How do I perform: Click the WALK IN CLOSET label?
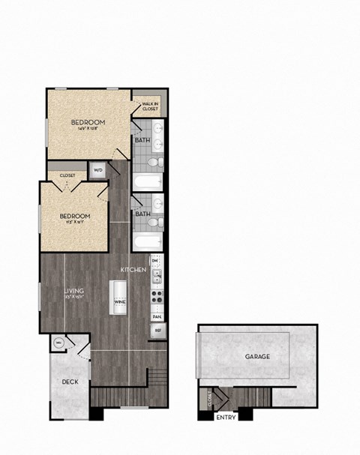[x=149, y=106]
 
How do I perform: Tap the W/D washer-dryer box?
[x=98, y=170]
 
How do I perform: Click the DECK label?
[x=70, y=382]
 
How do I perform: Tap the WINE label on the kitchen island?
[x=120, y=301]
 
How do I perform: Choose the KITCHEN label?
[x=134, y=268]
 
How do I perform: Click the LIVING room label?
[x=73, y=290]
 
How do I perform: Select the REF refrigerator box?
[x=157, y=329]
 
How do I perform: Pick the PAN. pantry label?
[x=157, y=316]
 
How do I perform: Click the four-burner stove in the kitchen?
[x=157, y=294]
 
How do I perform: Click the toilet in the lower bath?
[x=154, y=223]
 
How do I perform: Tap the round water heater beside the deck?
[x=59, y=344]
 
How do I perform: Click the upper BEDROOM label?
[x=88, y=122]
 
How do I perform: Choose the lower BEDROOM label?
[x=75, y=217]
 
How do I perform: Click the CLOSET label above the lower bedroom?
[x=68, y=175]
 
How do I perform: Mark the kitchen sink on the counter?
[x=157, y=278]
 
